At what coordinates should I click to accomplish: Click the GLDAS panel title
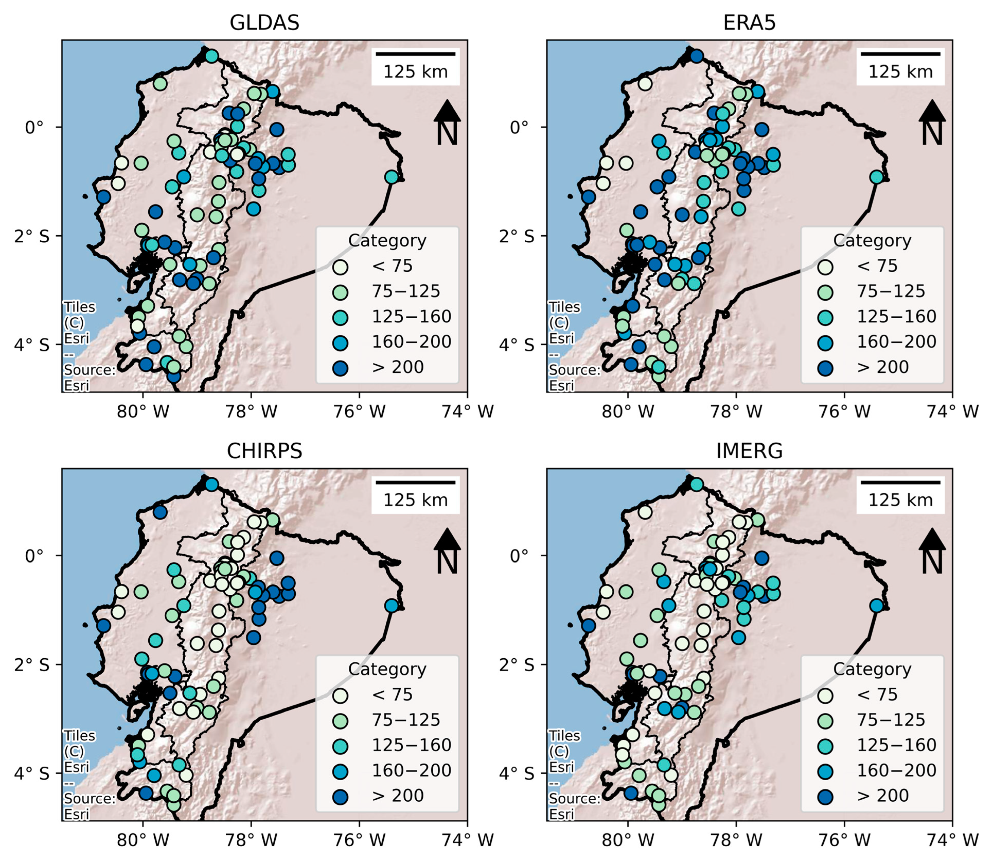pyautogui.click(x=265, y=22)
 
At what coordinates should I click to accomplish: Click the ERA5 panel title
pyautogui.click(x=749, y=22)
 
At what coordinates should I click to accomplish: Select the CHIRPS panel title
pyautogui.click(x=265, y=451)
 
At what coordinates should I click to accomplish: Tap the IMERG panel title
pyautogui.click(x=749, y=451)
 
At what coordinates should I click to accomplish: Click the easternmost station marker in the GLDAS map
pyautogui.click(x=392, y=177)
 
